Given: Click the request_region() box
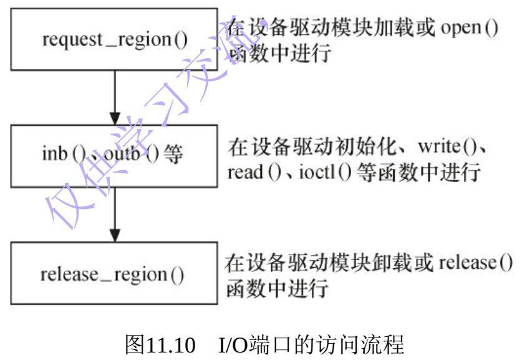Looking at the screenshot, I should (x=114, y=39).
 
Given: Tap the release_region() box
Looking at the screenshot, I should (x=114, y=273).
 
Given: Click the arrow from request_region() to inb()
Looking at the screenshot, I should (x=114, y=97).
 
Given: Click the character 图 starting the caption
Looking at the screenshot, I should (x=135, y=344).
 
